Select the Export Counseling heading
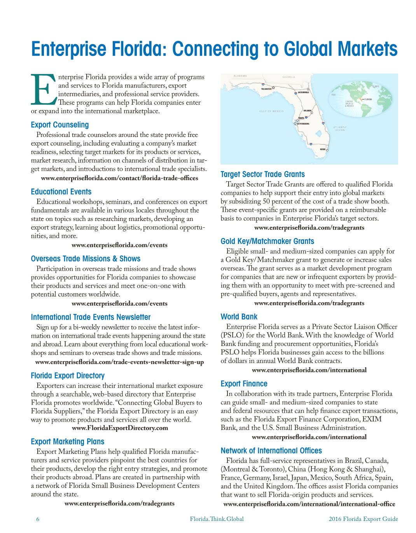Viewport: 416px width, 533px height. pyautogui.click(x=59, y=125)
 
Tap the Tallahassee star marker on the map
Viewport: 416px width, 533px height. pyautogui.click(x=273, y=87)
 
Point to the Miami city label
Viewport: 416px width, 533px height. pyautogui.click(x=322, y=149)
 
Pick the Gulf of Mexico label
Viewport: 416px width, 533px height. pyautogui.click(x=271, y=111)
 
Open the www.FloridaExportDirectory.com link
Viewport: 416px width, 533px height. pyautogui.click(x=120, y=428)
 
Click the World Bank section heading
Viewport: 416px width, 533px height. pyautogui.click(x=239, y=317)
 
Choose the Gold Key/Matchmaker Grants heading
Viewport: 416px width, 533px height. pyautogui.click(x=267, y=241)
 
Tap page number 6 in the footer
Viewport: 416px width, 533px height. pyautogui.click(x=37, y=519)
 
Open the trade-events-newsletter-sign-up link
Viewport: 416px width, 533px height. pyautogui.click(x=119, y=362)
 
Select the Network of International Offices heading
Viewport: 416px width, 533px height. pyautogui.click(x=271, y=451)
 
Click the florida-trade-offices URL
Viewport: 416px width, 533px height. pyautogui.click(x=119, y=178)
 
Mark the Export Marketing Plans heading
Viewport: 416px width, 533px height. pyautogui.click(x=67, y=442)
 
